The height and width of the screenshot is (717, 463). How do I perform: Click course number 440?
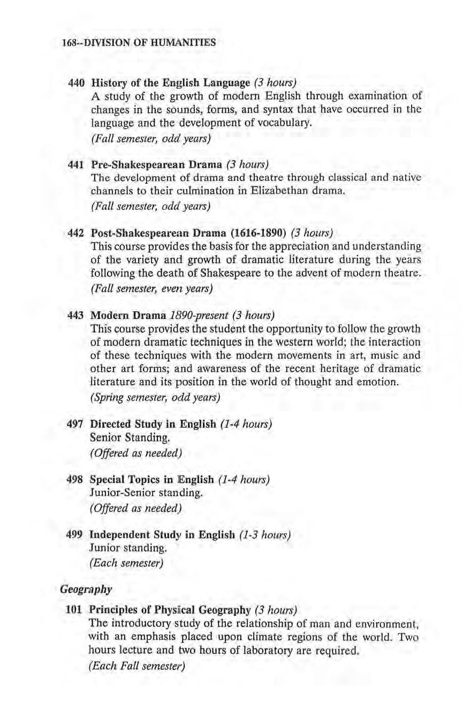click(x=78, y=83)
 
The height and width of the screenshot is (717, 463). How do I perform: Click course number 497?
click(x=78, y=424)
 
